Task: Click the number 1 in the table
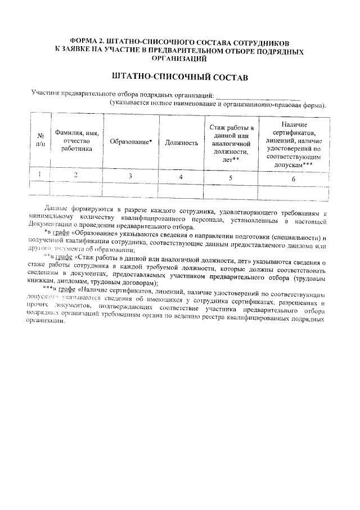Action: click(x=40, y=175)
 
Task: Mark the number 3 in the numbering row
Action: click(x=130, y=177)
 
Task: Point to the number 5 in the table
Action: click(x=230, y=178)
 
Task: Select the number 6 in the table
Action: click(x=293, y=179)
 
